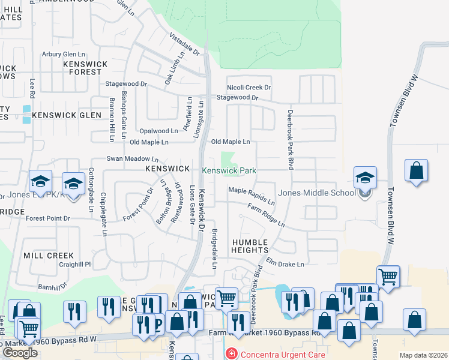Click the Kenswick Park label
click(x=229, y=171)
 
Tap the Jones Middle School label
click(x=316, y=193)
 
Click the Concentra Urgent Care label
click(x=283, y=354)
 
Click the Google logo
click(x=20, y=353)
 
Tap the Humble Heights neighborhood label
click(x=250, y=245)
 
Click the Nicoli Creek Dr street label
click(x=248, y=88)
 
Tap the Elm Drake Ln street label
click(x=285, y=263)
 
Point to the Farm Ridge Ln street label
click(x=265, y=214)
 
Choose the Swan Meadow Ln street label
click(x=132, y=159)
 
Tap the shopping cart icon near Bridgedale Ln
click(x=226, y=297)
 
